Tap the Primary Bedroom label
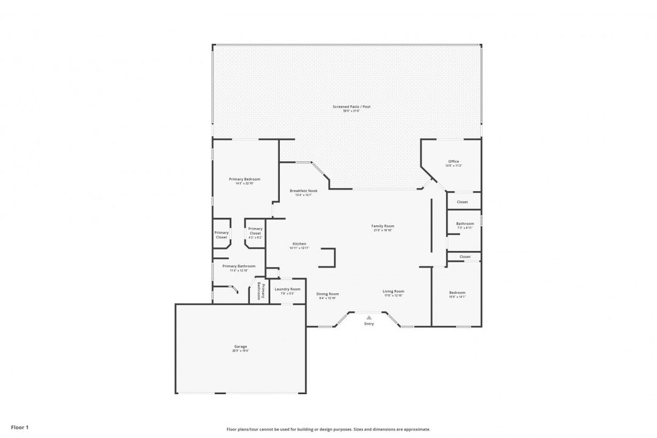pyautogui.click(x=244, y=179)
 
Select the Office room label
pyautogui.click(x=453, y=161)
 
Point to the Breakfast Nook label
pyautogui.click(x=304, y=190)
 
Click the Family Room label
pyautogui.click(x=383, y=226)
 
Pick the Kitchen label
pyautogui.click(x=299, y=243)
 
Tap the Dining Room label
pyautogui.click(x=327, y=294)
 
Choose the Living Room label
pyautogui.click(x=393, y=291)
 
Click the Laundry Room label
pyautogui.click(x=287, y=289)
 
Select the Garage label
pyautogui.click(x=240, y=346)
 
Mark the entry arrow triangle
pyautogui.click(x=369, y=317)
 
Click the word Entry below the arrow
pyautogui.click(x=369, y=324)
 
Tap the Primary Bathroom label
pyautogui.click(x=238, y=266)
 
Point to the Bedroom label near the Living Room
pyautogui.click(x=457, y=292)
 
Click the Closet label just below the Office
pyautogui.click(x=462, y=202)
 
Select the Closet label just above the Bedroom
pyautogui.click(x=465, y=257)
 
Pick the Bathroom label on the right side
pyautogui.click(x=465, y=223)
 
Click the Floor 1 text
pyautogui.click(x=19, y=428)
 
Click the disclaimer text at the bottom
pyautogui.click(x=328, y=429)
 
